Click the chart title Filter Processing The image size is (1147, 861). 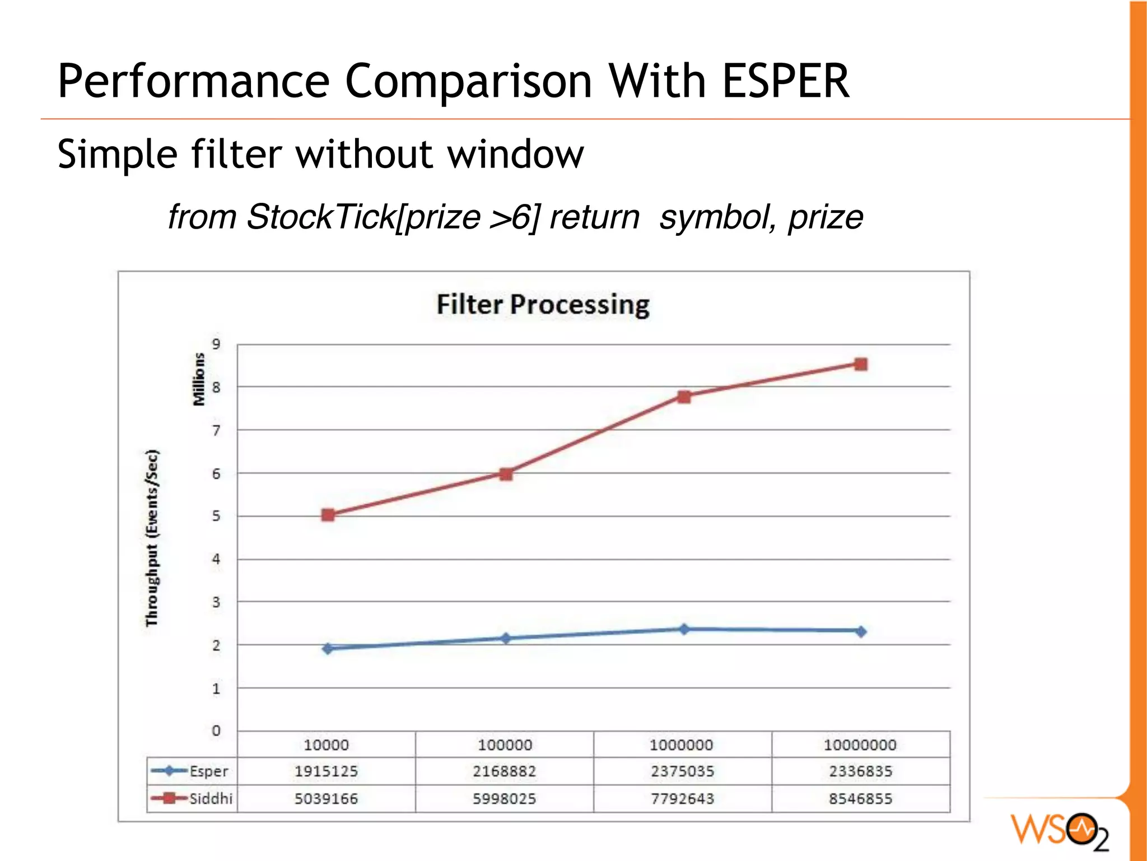click(543, 305)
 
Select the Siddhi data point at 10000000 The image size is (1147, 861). click(861, 365)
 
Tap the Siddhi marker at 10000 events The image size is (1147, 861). click(328, 515)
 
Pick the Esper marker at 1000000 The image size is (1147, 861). click(684, 629)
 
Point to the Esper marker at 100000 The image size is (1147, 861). click(506, 638)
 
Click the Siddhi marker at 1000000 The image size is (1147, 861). click(684, 397)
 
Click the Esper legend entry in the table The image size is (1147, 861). click(192, 771)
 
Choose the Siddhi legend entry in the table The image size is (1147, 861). click(192, 798)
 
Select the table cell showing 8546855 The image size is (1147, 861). click(860, 798)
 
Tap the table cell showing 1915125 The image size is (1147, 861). click(326, 771)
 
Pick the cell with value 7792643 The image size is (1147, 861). click(682, 798)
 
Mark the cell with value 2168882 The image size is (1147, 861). click(504, 771)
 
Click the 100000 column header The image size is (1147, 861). click(505, 745)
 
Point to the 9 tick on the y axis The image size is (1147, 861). click(216, 344)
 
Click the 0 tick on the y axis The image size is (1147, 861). click(216, 730)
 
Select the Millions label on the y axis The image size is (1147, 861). click(199, 379)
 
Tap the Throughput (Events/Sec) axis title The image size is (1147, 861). click(152, 538)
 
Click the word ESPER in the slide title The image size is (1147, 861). click(785, 81)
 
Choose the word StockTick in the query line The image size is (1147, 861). click(321, 217)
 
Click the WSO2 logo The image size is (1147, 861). click(1060, 830)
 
